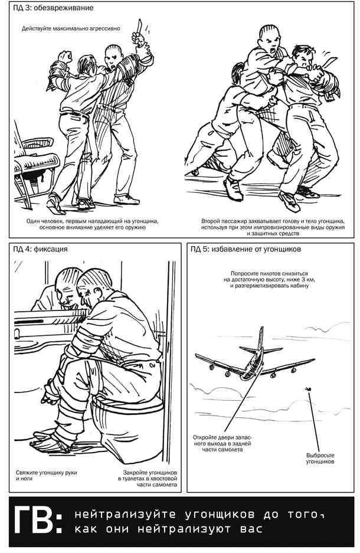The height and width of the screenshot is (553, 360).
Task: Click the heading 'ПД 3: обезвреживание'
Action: tap(53, 8)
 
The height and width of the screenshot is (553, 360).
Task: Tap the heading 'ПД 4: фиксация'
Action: tap(40, 249)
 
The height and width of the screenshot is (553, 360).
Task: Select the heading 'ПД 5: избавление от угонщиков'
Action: tap(246, 249)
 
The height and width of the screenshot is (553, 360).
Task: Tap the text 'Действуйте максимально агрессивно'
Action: tap(71, 28)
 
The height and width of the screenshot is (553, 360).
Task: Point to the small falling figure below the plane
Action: tap(309, 389)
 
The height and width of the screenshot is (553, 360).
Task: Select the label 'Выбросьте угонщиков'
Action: tap(320, 458)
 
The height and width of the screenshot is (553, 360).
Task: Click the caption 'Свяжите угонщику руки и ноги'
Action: tap(46, 476)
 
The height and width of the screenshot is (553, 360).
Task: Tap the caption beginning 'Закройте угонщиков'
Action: tap(148, 478)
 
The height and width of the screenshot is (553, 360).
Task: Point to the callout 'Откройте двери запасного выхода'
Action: tap(222, 443)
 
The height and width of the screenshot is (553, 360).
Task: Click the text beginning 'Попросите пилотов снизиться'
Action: tap(270, 279)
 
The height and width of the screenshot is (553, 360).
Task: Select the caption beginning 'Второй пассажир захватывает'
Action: tap(273, 227)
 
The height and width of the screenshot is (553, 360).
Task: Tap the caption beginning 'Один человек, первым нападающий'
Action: tap(93, 224)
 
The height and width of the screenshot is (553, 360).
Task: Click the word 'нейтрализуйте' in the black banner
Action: tap(125, 514)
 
